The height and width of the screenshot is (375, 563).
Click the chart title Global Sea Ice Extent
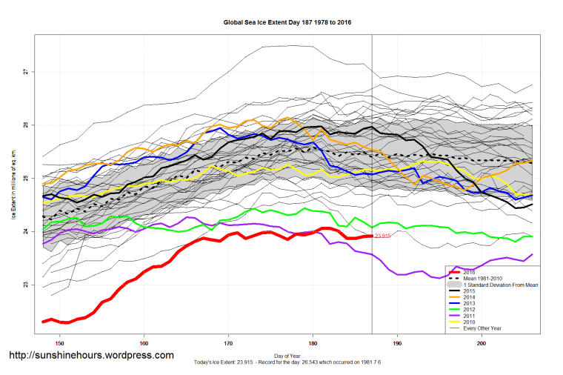click(x=287, y=22)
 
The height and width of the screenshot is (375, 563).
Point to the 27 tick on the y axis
click(x=24, y=72)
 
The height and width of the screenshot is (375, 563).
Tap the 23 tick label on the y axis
click(x=24, y=285)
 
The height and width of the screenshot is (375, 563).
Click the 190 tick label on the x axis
click(x=398, y=343)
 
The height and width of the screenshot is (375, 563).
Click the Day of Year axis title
click(x=287, y=355)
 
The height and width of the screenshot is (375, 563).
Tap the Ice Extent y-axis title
click(x=13, y=179)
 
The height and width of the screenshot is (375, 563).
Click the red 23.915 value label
click(x=382, y=236)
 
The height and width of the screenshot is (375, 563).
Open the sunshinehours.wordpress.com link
click(x=90, y=355)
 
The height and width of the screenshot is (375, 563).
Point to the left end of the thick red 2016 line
click(x=43, y=322)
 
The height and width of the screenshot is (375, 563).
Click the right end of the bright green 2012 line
click(x=533, y=236)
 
